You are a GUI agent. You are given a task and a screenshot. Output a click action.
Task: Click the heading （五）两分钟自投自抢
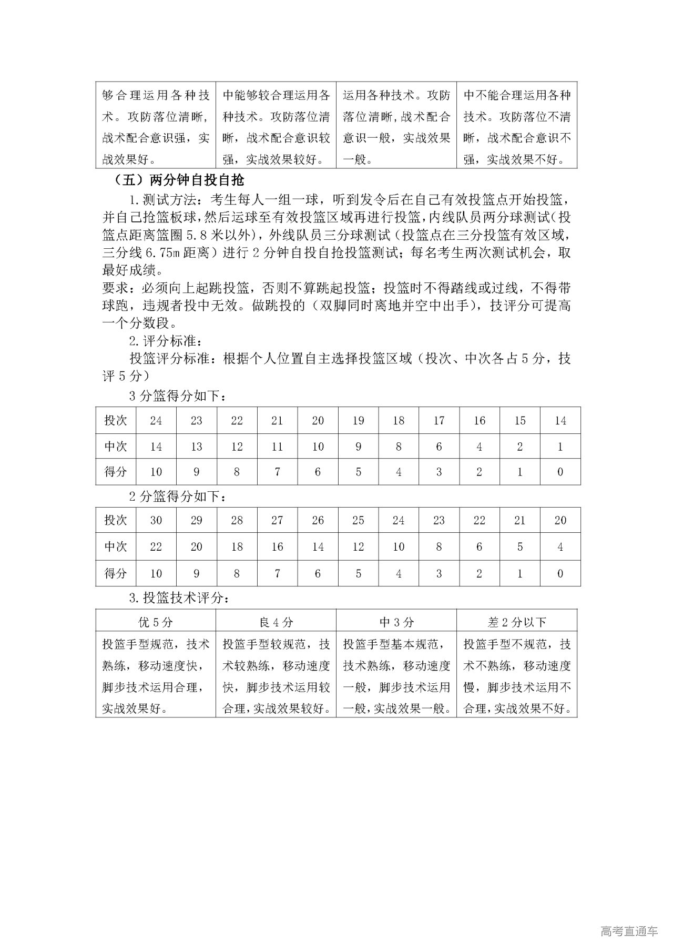[x=179, y=180]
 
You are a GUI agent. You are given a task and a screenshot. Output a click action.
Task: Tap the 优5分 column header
[x=155, y=622]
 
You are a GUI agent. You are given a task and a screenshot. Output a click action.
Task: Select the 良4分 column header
[x=276, y=622]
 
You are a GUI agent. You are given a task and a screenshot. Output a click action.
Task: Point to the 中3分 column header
[x=396, y=622]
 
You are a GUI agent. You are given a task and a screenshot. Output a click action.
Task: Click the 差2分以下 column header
[x=517, y=622]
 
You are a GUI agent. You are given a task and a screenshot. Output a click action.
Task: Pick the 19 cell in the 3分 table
[x=358, y=420]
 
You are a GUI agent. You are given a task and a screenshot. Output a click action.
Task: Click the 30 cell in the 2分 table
[x=156, y=520]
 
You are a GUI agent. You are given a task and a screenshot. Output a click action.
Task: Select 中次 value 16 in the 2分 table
[x=277, y=546]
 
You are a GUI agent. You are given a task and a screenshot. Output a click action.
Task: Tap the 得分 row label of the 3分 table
[x=116, y=472]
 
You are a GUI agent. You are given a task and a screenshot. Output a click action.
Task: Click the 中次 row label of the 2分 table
[x=116, y=546]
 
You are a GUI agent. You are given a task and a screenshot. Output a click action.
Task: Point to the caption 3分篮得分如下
[x=179, y=396]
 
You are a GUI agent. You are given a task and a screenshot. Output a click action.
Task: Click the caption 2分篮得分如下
[x=179, y=497]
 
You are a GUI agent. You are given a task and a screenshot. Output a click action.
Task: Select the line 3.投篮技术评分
[x=179, y=598]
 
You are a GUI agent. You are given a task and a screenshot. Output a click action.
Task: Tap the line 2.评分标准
[x=165, y=341]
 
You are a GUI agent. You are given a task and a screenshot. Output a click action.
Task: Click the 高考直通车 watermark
[x=629, y=931]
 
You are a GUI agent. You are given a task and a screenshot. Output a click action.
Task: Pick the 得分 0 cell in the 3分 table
[x=560, y=472]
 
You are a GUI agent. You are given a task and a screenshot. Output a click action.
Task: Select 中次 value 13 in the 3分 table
[x=196, y=447]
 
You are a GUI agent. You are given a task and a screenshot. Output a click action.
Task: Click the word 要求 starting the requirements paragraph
[x=114, y=288]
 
